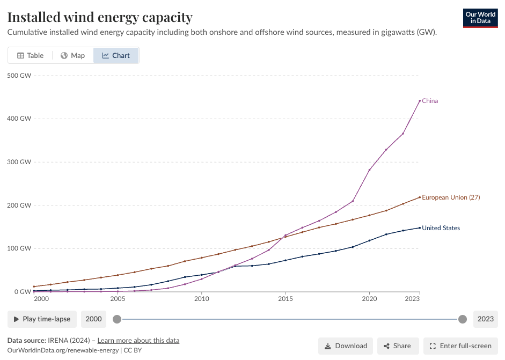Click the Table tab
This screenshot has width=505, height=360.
(30, 55)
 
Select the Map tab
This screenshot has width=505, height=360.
(72, 55)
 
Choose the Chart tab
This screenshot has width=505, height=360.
(116, 55)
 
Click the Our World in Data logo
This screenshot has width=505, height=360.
(480, 18)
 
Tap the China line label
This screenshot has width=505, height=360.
(430, 101)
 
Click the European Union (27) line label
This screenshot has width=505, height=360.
(451, 197)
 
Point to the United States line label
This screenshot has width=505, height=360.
(441, 228)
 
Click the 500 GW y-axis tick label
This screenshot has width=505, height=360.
(19, 75)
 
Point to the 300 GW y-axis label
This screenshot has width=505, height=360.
(19, 162)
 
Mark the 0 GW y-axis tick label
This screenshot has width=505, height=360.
(22, 292)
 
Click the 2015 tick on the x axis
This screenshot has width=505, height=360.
(285, 299)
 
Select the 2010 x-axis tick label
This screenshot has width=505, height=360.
(201, 299)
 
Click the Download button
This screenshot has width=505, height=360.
(346, 346)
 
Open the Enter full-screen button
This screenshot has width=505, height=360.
(460, 346)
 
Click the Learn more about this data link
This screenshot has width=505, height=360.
(138, 341)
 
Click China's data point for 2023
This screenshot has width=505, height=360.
(420, 101)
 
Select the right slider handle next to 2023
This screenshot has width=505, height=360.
(463, 319)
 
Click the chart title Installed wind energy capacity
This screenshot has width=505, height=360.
(100, 17)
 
